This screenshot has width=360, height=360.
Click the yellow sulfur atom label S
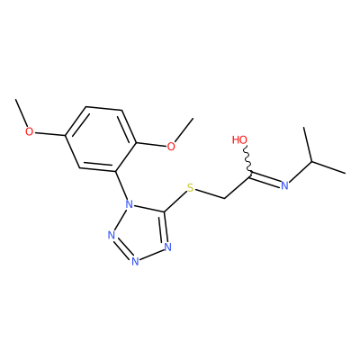(x=190, y=188)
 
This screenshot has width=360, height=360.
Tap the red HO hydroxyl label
(x=239, y=139)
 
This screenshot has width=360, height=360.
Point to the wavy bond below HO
(x=248, y=159)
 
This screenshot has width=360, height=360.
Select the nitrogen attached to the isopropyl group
(x=284, y=185)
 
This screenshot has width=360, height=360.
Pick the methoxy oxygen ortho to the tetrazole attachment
(x=171, y=147)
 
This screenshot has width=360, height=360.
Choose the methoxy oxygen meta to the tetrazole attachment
(x=29, y=131)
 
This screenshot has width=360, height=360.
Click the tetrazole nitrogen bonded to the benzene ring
(x=129, y=204)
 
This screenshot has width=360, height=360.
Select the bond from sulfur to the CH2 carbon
(x=210, y=194)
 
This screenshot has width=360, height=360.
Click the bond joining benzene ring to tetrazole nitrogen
(x=121, y=186)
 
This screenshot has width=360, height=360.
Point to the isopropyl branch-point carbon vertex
(x=312, y=161)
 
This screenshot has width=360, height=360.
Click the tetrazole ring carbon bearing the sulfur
(x=164, y=212)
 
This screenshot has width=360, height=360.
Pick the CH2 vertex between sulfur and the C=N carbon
(x=225, y=198)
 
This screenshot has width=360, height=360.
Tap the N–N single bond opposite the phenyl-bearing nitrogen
(x=151, y=255)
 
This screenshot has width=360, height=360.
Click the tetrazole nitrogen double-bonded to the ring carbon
(x=167, y=247)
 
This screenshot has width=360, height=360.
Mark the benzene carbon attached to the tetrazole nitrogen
(x=116, y=171)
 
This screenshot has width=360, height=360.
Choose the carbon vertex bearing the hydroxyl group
(x=250, y=173)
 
